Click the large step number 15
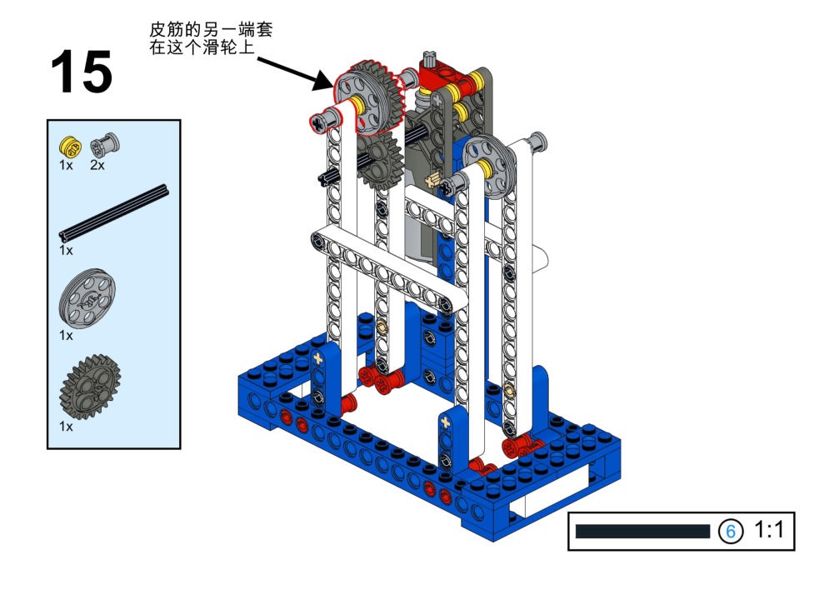point(82,72)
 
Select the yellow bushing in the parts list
point(70,147)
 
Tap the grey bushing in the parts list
point(105,144)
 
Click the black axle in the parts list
point(114,213)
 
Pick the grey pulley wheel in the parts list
point(87,298)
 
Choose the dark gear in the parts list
point(90,386)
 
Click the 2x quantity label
point(97,166)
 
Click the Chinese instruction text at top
point(211,37)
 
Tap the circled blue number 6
point(731,531)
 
